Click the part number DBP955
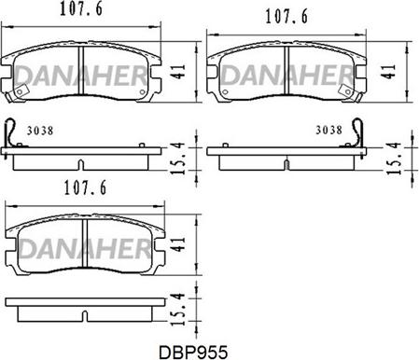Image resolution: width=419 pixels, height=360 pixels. pyautogui.click(x=193, y=353)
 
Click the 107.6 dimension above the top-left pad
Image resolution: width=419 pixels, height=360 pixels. pyautogui.click(x=81, y=9)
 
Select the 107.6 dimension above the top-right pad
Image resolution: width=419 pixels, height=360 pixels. pyautogui.click(x=286, y=17)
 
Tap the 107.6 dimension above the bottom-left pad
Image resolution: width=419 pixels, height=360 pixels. pyautogui.click(x=85, y=187)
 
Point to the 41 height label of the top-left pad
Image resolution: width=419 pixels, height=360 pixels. pyautogui.click(x=179, y=72)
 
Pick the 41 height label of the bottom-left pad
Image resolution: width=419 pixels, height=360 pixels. pyautogui.click(x=179, y=244)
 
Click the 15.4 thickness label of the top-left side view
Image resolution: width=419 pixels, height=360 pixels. pyautogui.click(x=179, y=158)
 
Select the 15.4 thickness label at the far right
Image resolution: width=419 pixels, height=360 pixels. pyautogui.click(x=393, y=158)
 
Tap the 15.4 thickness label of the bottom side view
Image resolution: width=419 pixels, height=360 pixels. pyautogui.click(x=179, y=310)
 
